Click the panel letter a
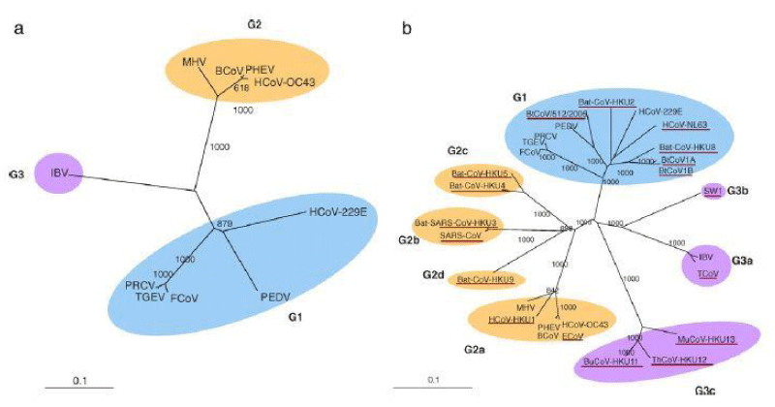(x=17, y=29)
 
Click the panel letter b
(x=407, y=29)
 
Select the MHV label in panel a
(x=195, y=63)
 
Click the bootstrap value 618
(x=243, y=87)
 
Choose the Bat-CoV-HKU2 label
(x=606, y=103)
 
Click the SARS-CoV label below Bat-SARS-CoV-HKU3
(x=459, y=235)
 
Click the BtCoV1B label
(x=675, y=171)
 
